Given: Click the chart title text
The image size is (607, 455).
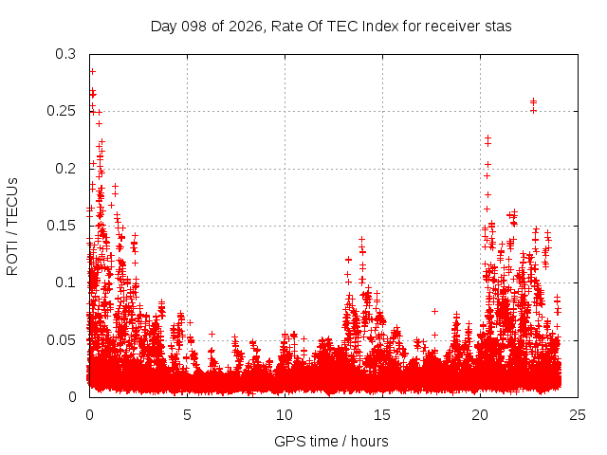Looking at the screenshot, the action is point(331,27).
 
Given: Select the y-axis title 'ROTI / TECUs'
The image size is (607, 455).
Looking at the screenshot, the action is point(12,227).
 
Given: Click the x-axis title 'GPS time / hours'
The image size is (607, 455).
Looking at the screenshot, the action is point(331,441).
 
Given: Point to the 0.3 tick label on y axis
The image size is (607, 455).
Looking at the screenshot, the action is point(65,54).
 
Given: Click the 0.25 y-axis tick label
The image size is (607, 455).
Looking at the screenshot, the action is point(61,112).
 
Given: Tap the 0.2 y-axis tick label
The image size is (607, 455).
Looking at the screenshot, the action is point(65,169).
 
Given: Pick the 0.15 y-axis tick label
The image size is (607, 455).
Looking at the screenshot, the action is point(61,226).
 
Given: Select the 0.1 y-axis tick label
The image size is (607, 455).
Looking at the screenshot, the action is point(65,282).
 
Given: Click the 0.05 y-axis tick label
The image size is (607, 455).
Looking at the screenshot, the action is point(61,340).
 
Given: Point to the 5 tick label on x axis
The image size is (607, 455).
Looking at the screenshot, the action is point(188,415).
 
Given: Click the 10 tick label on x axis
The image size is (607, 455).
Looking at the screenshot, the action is point(285,415).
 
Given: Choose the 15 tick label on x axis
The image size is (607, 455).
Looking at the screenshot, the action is point(382,415).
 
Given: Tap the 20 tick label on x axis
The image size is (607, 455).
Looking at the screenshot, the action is point(480,415).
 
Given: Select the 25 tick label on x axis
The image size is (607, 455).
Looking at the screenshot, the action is point(578,415).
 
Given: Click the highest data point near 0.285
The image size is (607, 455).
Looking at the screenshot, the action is point(93,72).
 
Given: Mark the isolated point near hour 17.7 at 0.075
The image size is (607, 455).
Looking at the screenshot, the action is point(434,311).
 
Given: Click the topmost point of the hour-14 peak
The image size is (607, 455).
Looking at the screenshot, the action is point(362,240).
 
